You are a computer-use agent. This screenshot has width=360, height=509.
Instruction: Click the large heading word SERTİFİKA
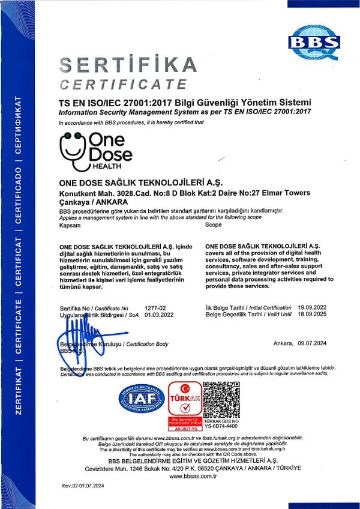click(x=128, y=65)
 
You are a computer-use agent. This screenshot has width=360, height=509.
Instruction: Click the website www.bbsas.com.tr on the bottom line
click(x=193, y=476)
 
